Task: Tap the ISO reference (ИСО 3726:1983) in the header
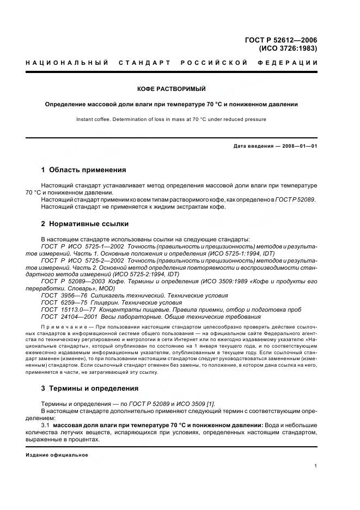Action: click(x=288, y=48)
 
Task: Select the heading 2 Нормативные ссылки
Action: click(x=85, y=224)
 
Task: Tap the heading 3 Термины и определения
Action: click(x=90, y=388)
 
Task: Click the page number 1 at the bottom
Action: click(x=316, y=466)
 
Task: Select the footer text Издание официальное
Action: click(x=57, y=455)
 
